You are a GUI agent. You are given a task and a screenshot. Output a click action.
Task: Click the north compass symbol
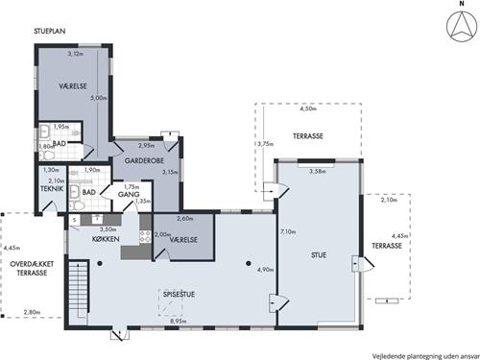point(462,26)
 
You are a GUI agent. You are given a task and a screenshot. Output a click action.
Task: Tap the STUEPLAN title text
point(50,31)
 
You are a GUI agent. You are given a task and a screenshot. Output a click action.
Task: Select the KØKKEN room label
point(106,239)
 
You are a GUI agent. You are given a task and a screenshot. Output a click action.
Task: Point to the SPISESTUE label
point(179,294)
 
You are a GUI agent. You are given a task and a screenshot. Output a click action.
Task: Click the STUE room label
point(319,255)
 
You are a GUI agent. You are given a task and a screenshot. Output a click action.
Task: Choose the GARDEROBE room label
point(144,160)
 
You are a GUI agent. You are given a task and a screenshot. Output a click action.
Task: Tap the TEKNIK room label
point(52,189)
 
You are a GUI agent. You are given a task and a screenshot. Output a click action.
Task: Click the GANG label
point(129,194)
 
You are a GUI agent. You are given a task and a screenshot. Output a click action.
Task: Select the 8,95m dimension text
point(179,321)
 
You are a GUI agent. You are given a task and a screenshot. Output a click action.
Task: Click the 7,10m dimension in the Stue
point(288,231)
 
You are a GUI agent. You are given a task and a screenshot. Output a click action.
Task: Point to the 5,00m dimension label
point(99,98)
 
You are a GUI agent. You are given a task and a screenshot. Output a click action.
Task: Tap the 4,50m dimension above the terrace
point(308,108)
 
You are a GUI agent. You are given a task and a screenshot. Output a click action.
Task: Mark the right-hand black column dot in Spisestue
point(249,263)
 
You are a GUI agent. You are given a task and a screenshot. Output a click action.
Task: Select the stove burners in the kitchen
point(146,236)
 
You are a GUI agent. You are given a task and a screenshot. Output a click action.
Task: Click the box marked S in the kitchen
point(75,220)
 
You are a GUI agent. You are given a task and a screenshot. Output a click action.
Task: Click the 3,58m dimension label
point(318,172)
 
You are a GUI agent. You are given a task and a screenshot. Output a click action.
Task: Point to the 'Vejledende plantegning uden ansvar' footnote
point(425,356)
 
